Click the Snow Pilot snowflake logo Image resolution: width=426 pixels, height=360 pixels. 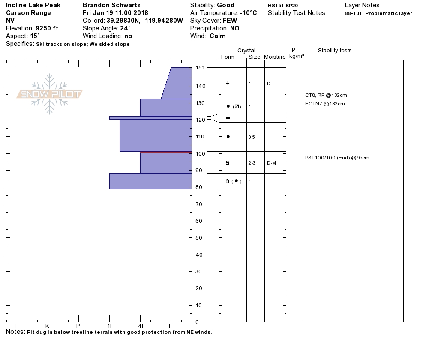click(x=49, y=94)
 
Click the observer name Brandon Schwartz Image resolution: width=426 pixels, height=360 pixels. click(x=111, y=5)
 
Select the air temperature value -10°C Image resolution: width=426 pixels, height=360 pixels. click(x=248, y=13)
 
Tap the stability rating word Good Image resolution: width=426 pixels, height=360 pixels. click(x=225, y=5)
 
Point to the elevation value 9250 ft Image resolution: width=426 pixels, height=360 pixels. click(x=47, y=28)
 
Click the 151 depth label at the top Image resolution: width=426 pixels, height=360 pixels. click(x=200, y=67)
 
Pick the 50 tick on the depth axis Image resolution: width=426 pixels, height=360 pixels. click(x=199, y=238)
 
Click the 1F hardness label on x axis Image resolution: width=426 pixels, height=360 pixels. click(x=110, y=326)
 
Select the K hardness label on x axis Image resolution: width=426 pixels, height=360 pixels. click(x=47, y=326)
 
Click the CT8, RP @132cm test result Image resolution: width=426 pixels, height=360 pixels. click(x=326, y=95)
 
